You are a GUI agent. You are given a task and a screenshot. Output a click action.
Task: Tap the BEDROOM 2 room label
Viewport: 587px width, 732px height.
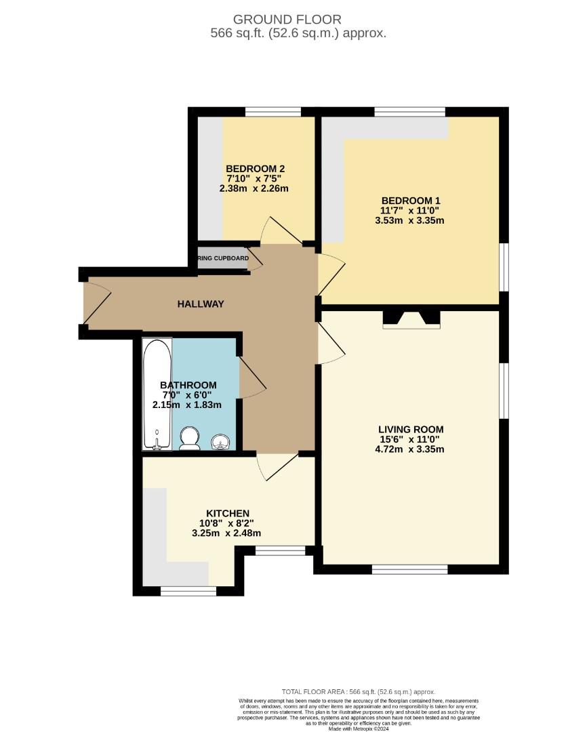pyautogui.click(x=254, y=169)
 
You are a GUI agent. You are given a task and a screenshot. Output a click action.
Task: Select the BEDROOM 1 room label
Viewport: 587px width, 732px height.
pyautogui.click(x=411, y=201)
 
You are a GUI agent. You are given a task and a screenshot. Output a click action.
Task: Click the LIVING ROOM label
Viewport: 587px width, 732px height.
pyautogui.click(x=411, y=429)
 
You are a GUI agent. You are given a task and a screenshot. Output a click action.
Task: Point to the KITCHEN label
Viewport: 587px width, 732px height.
pyautogui.click(x=228, y=513)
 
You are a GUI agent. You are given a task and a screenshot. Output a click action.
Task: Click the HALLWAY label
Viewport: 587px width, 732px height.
pyautogui.click(x=201, y=304)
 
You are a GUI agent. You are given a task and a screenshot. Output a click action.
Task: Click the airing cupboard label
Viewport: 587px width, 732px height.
pyautogui.click(x=223, y=258)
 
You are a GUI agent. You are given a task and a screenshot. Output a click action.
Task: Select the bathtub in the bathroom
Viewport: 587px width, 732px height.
pyautogui.click(x=157, y=394)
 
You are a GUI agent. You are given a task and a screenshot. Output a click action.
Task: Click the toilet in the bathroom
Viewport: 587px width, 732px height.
pyautogui.click(x=189, y=438)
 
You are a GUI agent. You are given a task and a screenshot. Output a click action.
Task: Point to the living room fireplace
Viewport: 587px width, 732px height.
pyautogui.click(x=411, y=319)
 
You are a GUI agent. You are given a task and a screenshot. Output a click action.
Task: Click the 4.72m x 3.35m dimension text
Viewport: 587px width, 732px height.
pyautogui.click(x=410, y=449)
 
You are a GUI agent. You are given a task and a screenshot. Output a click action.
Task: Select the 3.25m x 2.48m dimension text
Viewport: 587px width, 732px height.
pyautogui.click(x=226, y=533)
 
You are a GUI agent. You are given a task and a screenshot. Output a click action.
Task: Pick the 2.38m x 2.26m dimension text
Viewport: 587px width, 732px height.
pyautogui.click(x=254, y=188)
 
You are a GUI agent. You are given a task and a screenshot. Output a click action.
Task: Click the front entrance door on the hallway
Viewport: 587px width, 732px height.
pyautogui.click(x=94, y=302)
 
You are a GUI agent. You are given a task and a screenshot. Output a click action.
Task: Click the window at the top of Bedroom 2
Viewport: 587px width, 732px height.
pyautogui.click(x=272, y=112)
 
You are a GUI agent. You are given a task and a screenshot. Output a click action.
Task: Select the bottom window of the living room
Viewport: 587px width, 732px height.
pyautogui.click(x=409, y=569)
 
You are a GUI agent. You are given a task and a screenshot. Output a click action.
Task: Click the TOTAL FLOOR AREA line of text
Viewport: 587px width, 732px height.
pyautogui.click(x=359, y=692)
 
